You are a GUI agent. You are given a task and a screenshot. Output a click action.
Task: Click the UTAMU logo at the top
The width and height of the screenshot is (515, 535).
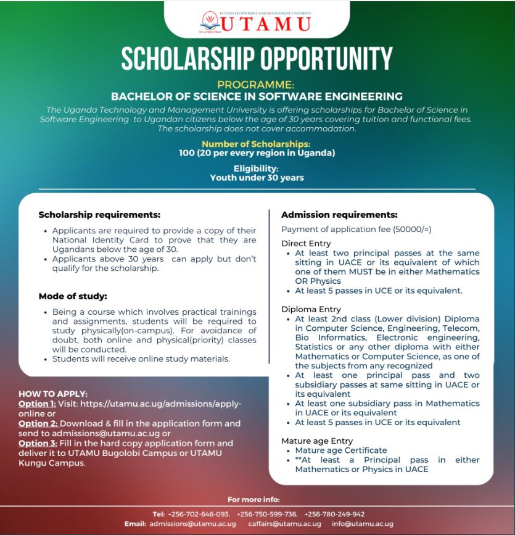click(x=256, y=22)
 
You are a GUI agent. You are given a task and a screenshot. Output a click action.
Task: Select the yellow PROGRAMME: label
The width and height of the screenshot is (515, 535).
click(x=256, y=85)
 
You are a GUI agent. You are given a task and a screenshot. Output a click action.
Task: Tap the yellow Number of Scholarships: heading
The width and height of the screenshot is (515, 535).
click(x=256, y=144)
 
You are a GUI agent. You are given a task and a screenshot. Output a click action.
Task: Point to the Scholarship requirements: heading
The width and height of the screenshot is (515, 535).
click(x=99, y=215)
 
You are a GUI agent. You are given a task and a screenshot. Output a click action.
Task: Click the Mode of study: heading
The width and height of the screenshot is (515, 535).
click(x=73, y=296)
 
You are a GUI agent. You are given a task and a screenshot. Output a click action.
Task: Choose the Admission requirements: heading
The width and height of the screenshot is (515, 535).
click(x=339, y=215)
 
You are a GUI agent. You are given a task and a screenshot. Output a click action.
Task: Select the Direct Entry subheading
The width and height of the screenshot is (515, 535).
click(x=306, y=243)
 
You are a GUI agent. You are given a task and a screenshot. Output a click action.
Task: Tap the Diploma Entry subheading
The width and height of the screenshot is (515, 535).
click(x=311, y=309)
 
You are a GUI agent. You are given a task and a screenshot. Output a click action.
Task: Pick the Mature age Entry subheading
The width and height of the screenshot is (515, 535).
click(x=317, y=441)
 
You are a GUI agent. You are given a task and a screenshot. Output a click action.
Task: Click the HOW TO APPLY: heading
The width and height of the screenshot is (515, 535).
click(x=53, y=394)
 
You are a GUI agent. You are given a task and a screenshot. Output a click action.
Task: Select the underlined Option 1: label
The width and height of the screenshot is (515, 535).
click(x=38, y=404)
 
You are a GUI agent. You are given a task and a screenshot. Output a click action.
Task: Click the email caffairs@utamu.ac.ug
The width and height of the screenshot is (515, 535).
click(x=284, y=524)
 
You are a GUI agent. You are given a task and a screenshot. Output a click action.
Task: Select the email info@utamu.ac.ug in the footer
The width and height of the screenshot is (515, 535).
click(x=362, y=524)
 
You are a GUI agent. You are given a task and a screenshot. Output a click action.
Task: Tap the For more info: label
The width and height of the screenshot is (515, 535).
click(x=253, y=499)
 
